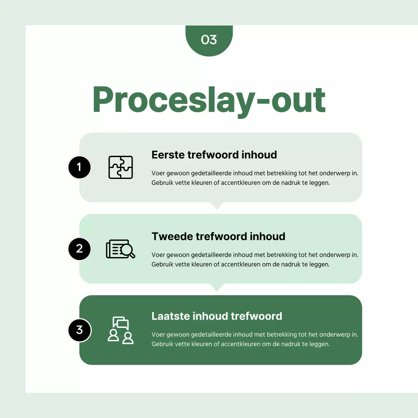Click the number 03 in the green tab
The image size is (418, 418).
pyautogui.click(x=209, y=40)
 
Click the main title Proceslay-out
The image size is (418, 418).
pyautogui.click(x=209, y=101)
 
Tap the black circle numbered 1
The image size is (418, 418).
pyautogui.click(x=79, y=167)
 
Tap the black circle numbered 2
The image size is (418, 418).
pyautogui.click(x=79, y=249)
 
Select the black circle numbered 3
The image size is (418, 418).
pyautogui.click(x=79, y=330)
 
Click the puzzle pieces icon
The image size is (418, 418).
pyautogui.click(x=121, y=167)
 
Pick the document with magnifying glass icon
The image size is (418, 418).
pyautogui.click(x=121, y=249)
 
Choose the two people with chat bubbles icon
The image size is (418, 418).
pyautogui.click(x=121, y=330)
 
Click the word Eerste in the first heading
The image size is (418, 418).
pyautogui.click(x=168, y=155)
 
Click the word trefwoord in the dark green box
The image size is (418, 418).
pyautogui.click(x=256, y=316)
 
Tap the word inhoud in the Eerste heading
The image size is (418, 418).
pyautogui.click(x=259, y=155)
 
